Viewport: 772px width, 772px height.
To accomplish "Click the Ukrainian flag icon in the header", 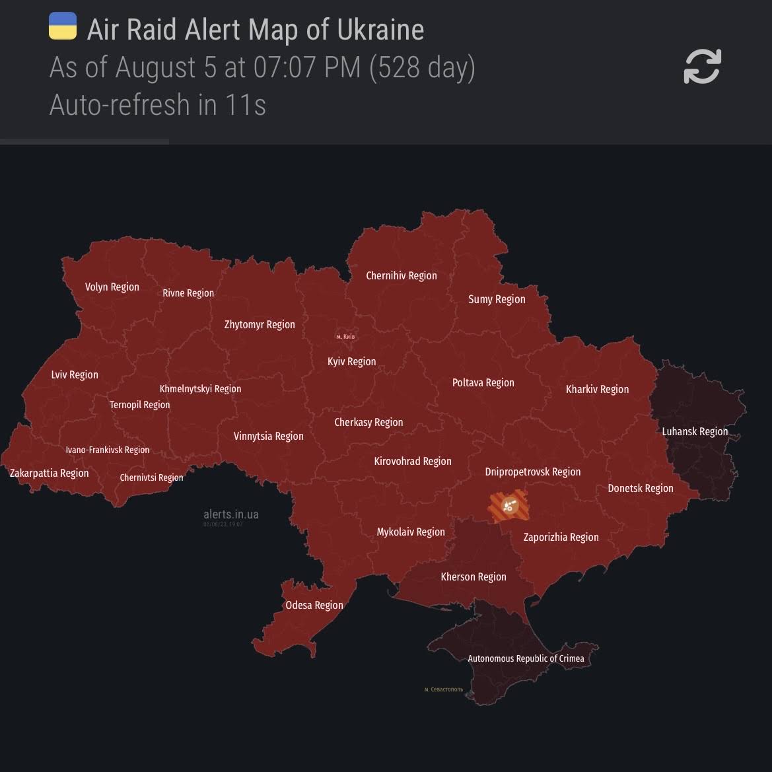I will [x=63, y=26].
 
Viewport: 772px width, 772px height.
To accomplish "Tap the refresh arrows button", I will [x=702, y=66].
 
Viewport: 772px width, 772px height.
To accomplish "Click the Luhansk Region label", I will [x=695, y=431].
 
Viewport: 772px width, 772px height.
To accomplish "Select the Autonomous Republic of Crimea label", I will [x=526, y=658].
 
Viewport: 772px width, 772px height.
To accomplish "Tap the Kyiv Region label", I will [x=351, y=361].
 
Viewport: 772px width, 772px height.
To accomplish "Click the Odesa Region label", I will [x=314, y=605].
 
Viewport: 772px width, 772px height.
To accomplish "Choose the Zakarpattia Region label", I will [x=49, y=473].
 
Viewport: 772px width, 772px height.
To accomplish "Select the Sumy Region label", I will [x=497, y=299].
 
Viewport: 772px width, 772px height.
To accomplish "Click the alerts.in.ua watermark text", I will [x=230, y=514].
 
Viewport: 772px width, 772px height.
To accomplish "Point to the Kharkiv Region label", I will [x=597, y=389].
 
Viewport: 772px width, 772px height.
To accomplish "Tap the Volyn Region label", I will [x=112, y=287].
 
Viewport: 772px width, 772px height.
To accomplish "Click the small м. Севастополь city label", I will [x=443, y=689].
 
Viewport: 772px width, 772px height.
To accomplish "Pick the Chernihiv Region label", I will [x=401, y=275].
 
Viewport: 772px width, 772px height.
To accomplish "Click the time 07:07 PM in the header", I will [x=308, y=67].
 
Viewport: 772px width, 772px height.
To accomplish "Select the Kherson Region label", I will [x=474, y=577].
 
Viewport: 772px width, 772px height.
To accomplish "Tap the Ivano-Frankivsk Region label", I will [x=107, y=450].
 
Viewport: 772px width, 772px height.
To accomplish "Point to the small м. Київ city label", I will [x=345, y=337].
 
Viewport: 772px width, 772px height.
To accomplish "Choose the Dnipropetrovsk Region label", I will [x=532, y=472].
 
